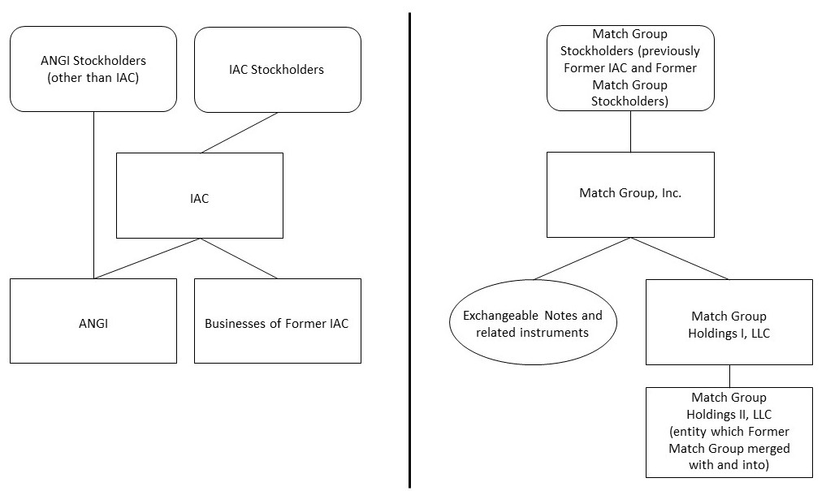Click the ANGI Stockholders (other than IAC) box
pos(93,69)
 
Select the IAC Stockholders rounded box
pos(277,69)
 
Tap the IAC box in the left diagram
pos(200,196)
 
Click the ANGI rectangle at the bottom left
pos(93,321)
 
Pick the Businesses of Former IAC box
pos(277,321)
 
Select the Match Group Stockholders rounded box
pos(630,68)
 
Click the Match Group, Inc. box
pos(630,194)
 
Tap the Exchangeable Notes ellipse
pos(533,323)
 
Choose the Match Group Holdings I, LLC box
pos(729,322)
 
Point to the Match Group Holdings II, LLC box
pos(729,432)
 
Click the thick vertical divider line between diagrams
pos(409,243)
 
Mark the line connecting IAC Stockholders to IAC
pos(240,132)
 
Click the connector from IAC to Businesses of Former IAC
pos(239,258)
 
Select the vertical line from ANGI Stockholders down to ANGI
pos(93,195)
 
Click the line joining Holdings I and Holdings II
pos(729,376)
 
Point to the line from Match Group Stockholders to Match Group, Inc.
pos(631,131)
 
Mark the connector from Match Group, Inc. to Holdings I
pos(680,258)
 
